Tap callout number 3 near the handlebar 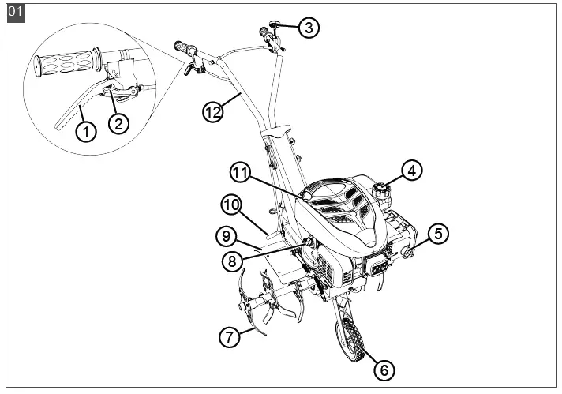pos(308,28)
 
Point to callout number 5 pos(439,233)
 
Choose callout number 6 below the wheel pos(384,369)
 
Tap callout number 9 pos(225,235)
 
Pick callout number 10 pos(230,205)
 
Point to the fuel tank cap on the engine pos(381,190)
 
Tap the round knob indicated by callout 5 pos(409,253)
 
